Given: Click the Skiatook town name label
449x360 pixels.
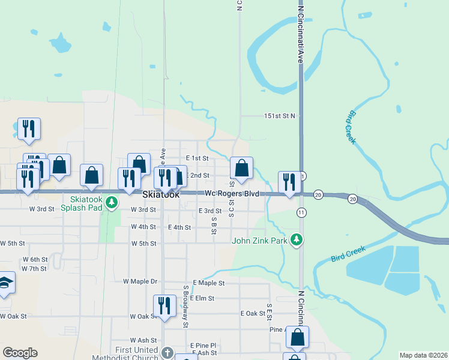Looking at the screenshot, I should (161, 195).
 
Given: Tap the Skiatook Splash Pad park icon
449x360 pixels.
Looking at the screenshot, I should (111, 203).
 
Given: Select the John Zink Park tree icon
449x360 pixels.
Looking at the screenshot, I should (296, 241).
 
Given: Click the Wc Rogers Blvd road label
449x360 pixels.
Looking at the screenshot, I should (232, 194).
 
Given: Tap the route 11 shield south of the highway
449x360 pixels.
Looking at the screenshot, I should (301, 213).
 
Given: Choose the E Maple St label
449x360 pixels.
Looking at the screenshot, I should (208, 283).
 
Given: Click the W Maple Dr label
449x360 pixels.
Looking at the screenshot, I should (140, 281).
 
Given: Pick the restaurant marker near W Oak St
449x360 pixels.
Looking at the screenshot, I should (164, 306).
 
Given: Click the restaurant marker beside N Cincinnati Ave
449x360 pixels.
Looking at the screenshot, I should (289, 182).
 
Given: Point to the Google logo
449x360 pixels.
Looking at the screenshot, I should (20, 353).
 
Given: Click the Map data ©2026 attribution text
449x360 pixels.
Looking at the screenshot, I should (423, 355).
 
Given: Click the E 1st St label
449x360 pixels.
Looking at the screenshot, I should (197, 158).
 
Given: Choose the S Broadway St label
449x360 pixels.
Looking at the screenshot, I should (186, 306).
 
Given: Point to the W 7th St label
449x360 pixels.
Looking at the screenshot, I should (34, 268).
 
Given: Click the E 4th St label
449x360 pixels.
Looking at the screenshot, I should (179, 227).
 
